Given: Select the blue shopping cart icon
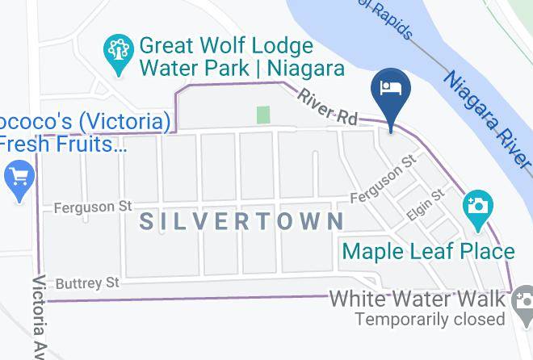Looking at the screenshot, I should pos(18,178).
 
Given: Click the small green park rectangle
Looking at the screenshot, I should pos(262,115).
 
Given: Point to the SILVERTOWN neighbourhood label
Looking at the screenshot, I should pos(242,221).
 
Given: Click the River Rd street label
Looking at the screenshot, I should pos(327,106).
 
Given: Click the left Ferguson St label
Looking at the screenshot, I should pos(92,207).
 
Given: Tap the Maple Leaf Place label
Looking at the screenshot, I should pos(428,251).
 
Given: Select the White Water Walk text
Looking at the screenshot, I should pos(418,299).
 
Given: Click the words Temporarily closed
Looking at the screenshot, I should pos(431,319).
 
